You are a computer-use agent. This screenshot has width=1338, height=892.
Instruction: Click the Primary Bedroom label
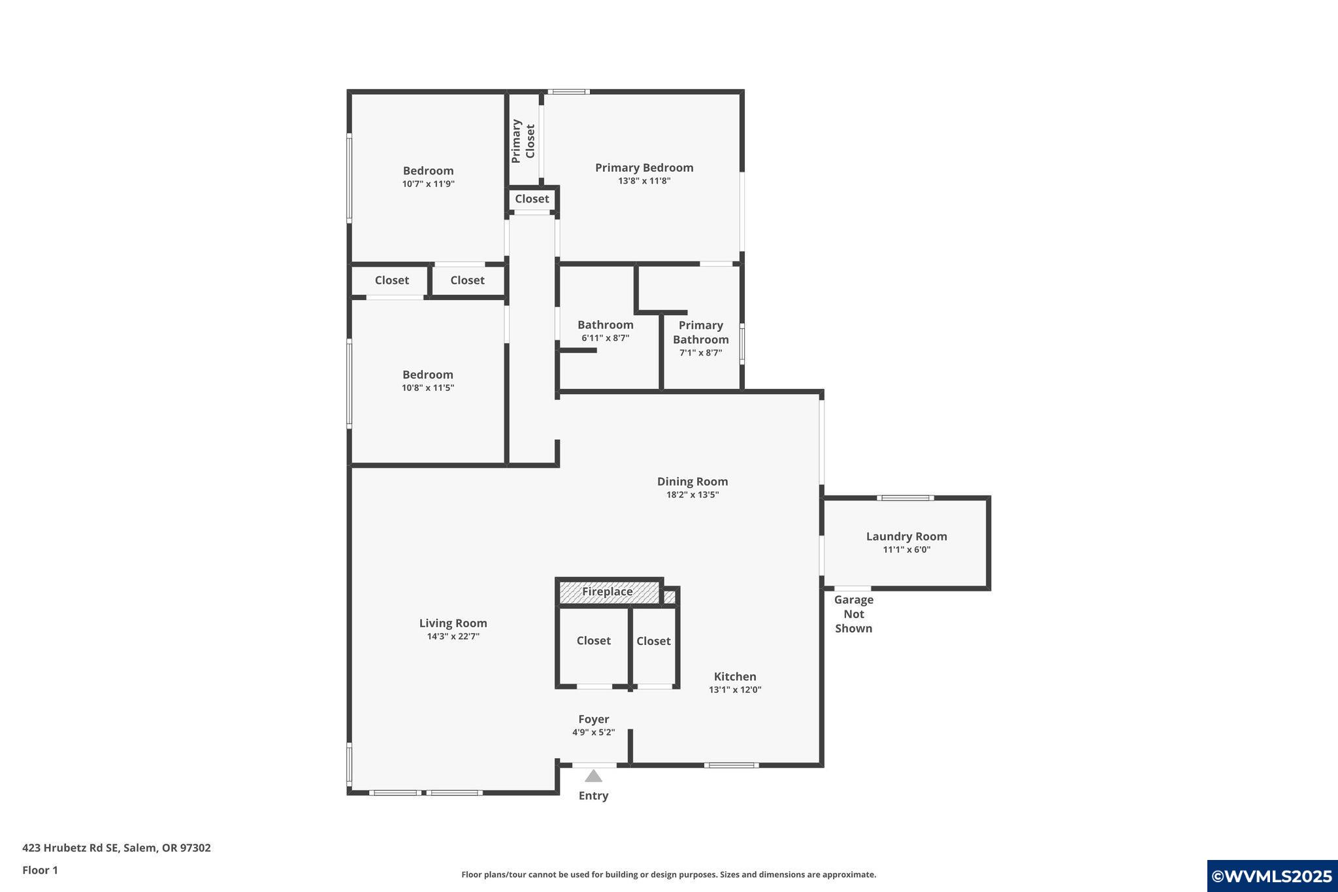[x=644, y=168]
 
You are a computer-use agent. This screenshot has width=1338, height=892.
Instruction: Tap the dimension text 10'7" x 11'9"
[x=428, y=184]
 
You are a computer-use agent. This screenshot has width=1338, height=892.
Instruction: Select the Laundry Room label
[x=906, y=537]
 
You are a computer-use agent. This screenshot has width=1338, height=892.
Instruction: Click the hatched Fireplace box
[x=608, y=592]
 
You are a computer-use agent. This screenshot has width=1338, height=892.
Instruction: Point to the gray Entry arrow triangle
[x=593, y=776]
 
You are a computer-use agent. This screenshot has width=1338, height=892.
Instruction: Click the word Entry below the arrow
[x=593, y=796]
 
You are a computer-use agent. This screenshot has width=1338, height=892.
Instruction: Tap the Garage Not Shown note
[x=853, y=614]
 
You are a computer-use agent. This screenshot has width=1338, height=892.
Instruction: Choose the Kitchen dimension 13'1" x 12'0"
[x=735, y=690]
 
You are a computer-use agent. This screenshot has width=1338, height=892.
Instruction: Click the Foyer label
[x=593, y=719]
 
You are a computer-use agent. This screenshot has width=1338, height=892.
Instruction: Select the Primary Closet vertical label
[x=523, y=141]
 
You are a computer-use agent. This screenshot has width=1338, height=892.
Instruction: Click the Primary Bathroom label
[x=700, y=333]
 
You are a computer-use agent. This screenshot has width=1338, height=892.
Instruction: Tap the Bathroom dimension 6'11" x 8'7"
[x=605, y=339]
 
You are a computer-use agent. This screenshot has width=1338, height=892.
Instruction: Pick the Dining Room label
[x=692, y=482]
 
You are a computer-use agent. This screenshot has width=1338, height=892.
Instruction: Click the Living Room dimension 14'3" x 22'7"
[x=453, y=636]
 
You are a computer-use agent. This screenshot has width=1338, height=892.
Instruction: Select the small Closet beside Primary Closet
[x=532, y=199]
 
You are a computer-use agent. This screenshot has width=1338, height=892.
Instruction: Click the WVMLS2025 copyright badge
[x=1271, y=876]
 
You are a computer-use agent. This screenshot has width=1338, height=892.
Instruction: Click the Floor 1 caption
[x=40, y=870]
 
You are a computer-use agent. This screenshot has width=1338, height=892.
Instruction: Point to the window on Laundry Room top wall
[x=905, y=498]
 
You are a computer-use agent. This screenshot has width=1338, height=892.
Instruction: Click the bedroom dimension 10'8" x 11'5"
[x=427, y=388]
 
